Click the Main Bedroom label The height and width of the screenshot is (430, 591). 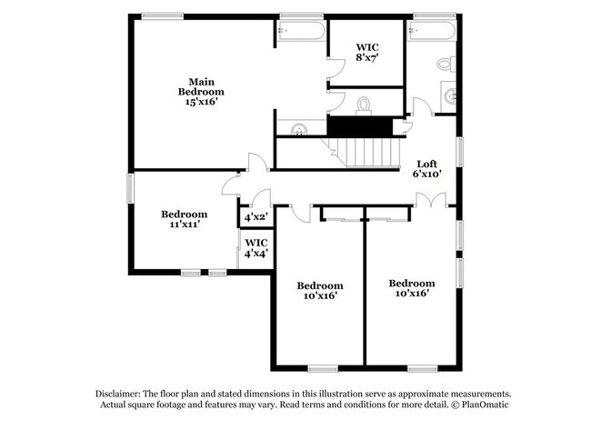point(201,91)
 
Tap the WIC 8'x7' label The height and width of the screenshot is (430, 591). point(366,52)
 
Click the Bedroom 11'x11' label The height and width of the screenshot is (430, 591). point(185,219)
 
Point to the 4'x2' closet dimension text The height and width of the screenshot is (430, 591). point(255,218)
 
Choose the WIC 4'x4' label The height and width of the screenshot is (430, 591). point(256,248)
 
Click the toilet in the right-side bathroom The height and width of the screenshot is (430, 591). point(446,65)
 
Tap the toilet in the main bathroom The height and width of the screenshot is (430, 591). point(365,105)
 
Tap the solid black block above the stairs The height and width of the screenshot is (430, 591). point(362,126)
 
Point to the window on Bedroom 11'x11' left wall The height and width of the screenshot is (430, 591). point(129,188)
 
